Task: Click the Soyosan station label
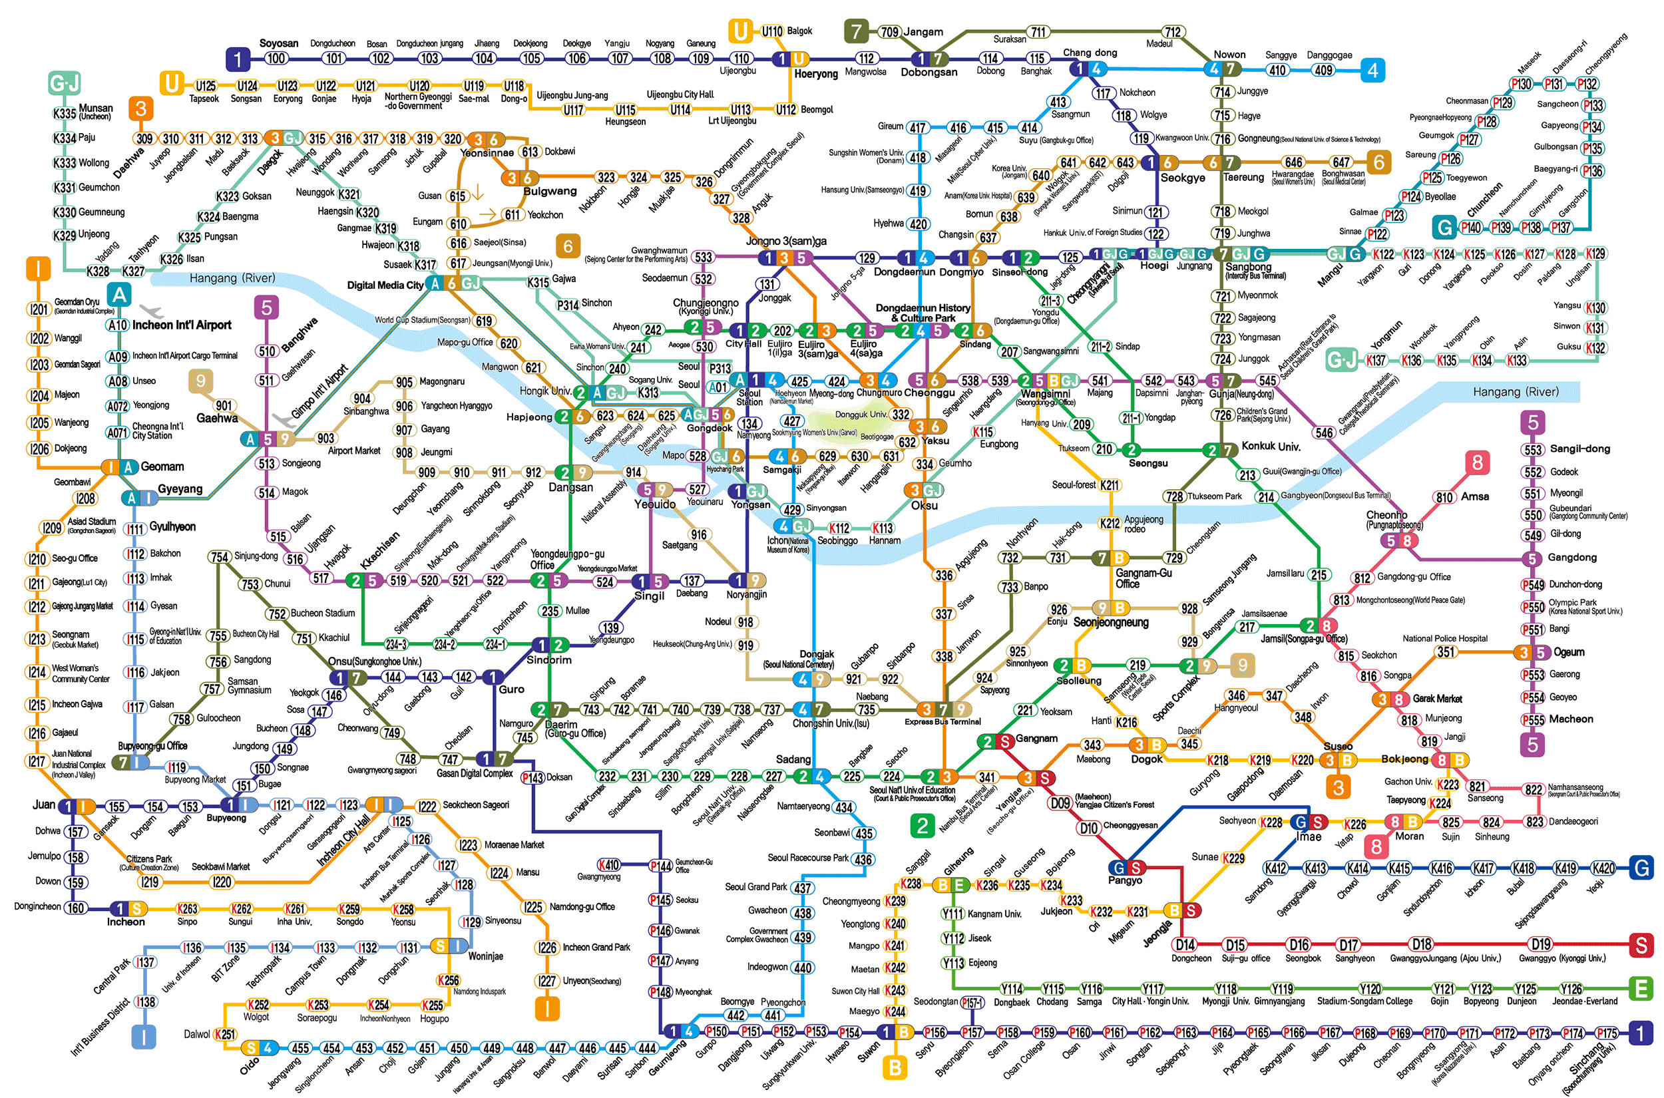279,43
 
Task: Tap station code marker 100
276,59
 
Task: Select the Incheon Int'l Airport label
182,325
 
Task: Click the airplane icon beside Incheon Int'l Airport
150,310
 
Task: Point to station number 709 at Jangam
889,31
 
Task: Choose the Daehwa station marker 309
145,138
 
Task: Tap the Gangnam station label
1036,738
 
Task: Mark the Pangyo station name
1125,880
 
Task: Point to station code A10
118,325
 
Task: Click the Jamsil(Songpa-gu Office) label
1304,639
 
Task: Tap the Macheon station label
1571,719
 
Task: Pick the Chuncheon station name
1485,200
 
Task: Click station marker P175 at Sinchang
1607,1033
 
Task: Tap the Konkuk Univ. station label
1271,446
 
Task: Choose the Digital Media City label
385,285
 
